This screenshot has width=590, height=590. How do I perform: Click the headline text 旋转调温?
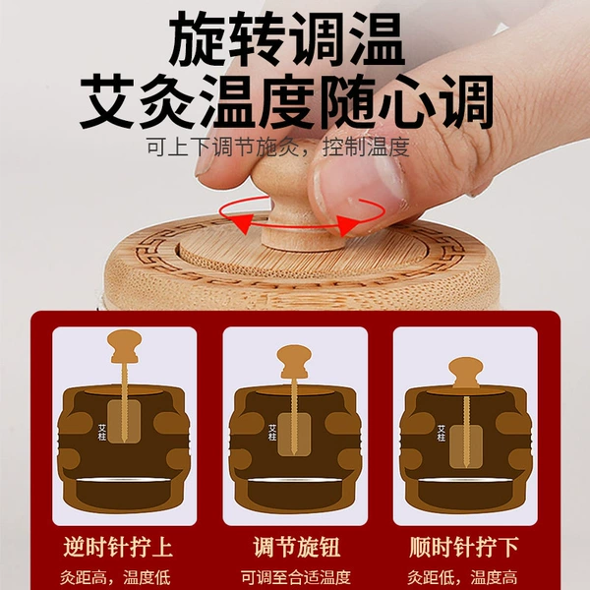(287, 38)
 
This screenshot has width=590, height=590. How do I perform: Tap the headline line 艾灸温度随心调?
(287, 100)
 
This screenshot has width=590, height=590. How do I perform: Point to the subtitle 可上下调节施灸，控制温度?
(277, 147)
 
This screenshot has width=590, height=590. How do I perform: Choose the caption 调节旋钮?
(297, 547)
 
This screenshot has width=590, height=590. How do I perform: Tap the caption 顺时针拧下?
(463, 547)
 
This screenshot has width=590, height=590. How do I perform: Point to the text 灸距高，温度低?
(115, 577)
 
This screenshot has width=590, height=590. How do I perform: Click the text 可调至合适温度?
(296, 577)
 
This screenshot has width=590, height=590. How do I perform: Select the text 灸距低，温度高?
(462, 577)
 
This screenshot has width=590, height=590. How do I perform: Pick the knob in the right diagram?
(466, 373)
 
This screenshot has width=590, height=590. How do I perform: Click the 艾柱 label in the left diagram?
(102, 433)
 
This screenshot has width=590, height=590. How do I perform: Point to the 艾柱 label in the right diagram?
(442, 433)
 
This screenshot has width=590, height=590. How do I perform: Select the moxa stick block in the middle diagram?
(294, 435)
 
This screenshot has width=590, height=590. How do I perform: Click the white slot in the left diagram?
(124, 480)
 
